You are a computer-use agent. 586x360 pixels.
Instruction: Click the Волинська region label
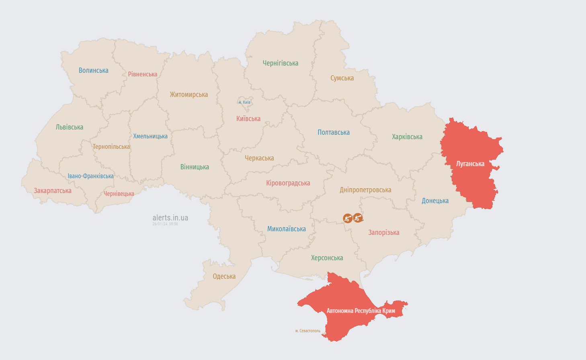coord(94,70)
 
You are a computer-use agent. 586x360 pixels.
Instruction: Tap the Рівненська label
coord(143,74)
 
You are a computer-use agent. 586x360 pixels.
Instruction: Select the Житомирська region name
coord(189,95)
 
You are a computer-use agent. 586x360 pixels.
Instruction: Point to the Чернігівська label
coord(281,63)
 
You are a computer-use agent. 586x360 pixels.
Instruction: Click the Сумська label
coord(342,78)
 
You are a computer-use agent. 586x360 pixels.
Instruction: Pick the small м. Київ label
coord(244,102)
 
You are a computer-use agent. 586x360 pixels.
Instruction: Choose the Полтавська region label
coord(334,132)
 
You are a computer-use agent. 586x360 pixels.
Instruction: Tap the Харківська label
coord(407,137)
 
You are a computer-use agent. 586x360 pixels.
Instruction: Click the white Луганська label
coord(470,164)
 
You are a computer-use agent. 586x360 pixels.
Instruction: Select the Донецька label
coord(435,201)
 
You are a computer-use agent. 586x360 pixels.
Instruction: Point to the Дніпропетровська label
coord(365,190)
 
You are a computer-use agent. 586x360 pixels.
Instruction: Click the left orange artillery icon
coord(348,218)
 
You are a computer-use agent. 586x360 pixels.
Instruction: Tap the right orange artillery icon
coord(358,218)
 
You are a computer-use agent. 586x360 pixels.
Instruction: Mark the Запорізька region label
coord(384,232)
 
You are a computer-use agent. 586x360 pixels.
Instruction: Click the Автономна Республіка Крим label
coord(361,311)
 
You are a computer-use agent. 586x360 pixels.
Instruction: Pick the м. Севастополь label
coord(308,331)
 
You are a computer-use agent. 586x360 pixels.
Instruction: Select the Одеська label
coord(224,276)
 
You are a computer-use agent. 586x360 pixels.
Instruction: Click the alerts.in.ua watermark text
coord(170,218)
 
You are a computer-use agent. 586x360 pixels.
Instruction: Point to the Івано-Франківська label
coord(90,176)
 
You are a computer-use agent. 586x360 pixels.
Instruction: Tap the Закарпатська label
coord(53,191)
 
